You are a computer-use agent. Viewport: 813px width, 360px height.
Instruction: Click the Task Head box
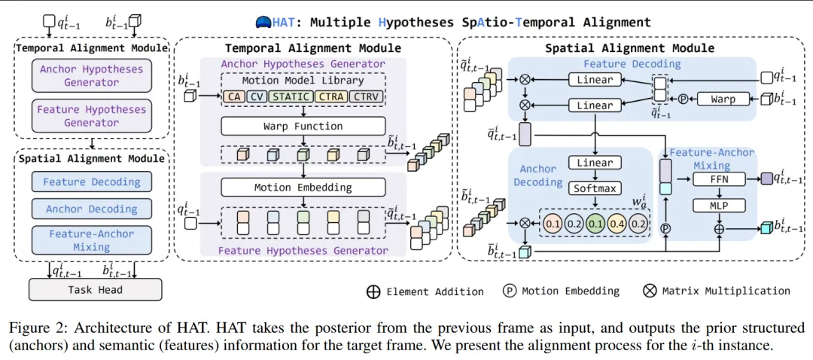click(95, 289)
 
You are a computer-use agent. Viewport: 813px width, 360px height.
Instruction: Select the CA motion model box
click(234, 96)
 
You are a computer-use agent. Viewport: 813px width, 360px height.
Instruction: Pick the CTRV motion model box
click(367, 96)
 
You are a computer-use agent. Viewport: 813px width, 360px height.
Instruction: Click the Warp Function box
click(303, 126)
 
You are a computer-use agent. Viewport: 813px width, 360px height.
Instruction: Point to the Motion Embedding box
click(303, 188)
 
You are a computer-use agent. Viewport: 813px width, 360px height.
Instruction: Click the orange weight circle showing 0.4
click(618, 224)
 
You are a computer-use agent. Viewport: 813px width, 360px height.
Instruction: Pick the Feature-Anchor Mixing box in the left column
click(91, 239)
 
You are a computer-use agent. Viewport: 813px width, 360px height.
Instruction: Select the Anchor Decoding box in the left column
click(91, 209)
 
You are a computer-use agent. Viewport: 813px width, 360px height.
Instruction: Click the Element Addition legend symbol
click(373, 291)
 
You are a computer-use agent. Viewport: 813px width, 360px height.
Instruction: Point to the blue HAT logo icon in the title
click(263, 23)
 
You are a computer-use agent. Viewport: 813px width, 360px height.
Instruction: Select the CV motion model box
click(256, 96)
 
